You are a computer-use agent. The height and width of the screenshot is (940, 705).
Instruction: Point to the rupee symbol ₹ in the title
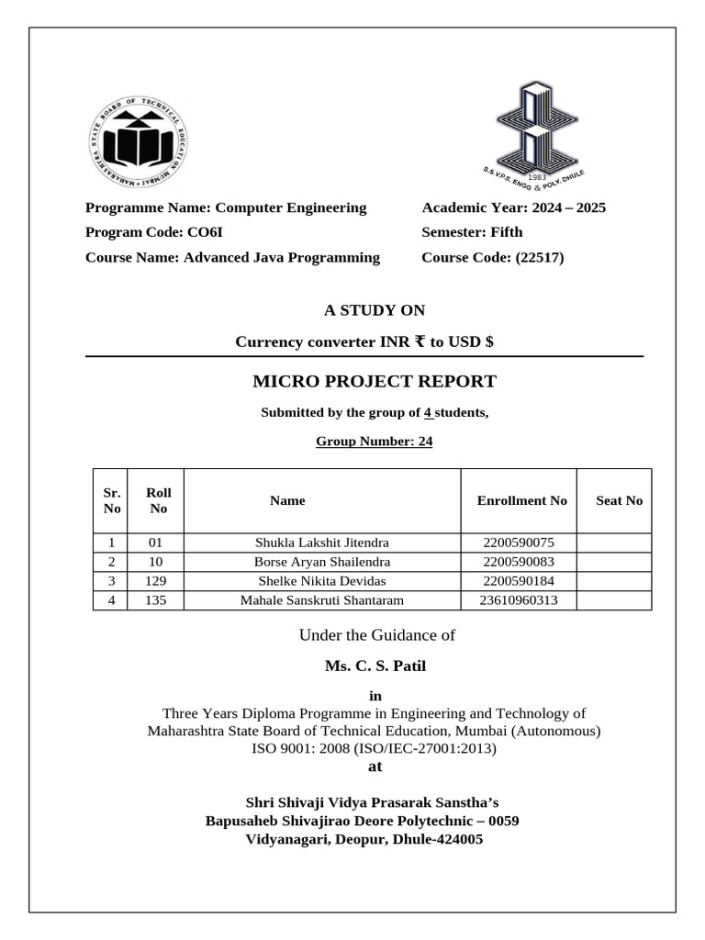pyautogui.click(x=420, y=341)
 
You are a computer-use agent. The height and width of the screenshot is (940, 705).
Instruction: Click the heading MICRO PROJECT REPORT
pyautogui.click(x=374, y=381)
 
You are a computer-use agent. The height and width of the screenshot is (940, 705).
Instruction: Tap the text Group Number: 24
pyautogui.click(x=374, y=442)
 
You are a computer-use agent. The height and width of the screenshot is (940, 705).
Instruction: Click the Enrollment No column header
pyautogui.click(x=521, y=500)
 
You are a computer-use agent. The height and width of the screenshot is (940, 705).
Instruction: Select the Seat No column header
pyautogui.click(x=619, y=500)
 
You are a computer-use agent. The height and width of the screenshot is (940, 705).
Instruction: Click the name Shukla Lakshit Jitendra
pyautogui.click(x=321, y=543)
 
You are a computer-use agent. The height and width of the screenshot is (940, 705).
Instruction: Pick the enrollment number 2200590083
pyautogui.click(x=518, y=561)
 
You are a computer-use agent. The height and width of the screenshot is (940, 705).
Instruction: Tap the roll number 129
pyautogui.click(x=156, y=581)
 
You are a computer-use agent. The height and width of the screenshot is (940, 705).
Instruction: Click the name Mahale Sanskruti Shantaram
pyautogui.click(x=321, y=600)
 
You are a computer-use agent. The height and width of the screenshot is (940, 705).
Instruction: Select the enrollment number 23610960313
pyautogui.click(x=518, y=600)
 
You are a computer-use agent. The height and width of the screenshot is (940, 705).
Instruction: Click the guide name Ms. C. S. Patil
pyautogui.click(x=375, y=666)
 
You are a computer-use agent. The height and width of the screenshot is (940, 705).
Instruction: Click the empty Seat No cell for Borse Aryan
pyautogui.click(x=614, y=561)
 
